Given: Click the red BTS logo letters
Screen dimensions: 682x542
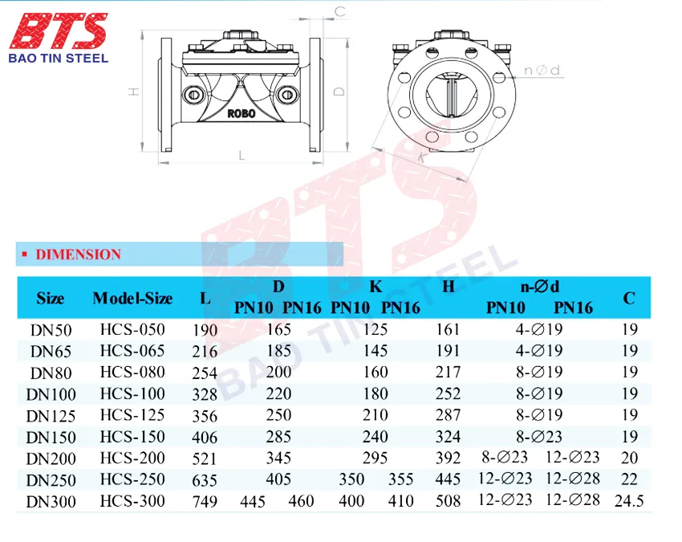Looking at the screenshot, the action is [59, 31].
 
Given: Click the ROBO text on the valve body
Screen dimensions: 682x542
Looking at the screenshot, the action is [242, 114].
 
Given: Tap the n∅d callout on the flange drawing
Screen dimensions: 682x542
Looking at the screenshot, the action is [542, 70].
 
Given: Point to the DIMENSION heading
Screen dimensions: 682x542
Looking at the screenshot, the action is [79, 255].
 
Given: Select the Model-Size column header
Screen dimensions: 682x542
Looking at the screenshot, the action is [132, 298].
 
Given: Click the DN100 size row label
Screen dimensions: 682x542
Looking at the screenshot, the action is [51, 394].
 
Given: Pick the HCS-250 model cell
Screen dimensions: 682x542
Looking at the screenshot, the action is [132, 479].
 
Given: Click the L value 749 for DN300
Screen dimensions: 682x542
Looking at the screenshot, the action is [205, 502].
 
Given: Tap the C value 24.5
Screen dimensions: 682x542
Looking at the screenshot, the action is [629, 501].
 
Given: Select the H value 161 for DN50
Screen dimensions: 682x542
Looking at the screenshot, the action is [448, 329].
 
